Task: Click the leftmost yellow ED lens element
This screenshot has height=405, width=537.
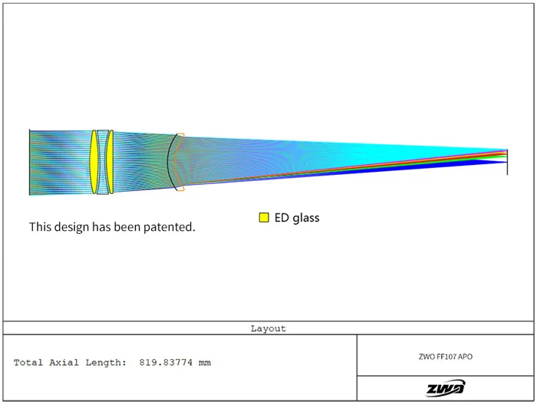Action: point(94,162)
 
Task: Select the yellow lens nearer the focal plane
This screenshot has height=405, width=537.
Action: point(110,162)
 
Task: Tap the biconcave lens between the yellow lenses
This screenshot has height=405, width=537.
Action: point(102,162)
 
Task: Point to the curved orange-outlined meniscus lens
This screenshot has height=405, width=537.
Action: point(176,162)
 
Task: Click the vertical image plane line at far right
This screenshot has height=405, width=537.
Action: point(507,162)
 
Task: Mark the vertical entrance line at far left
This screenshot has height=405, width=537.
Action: point(30,163)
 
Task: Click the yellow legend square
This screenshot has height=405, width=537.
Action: point(264,217)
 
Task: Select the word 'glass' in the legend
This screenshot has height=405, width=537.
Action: point(306,218)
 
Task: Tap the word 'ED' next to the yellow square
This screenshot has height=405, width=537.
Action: point(282,218)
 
